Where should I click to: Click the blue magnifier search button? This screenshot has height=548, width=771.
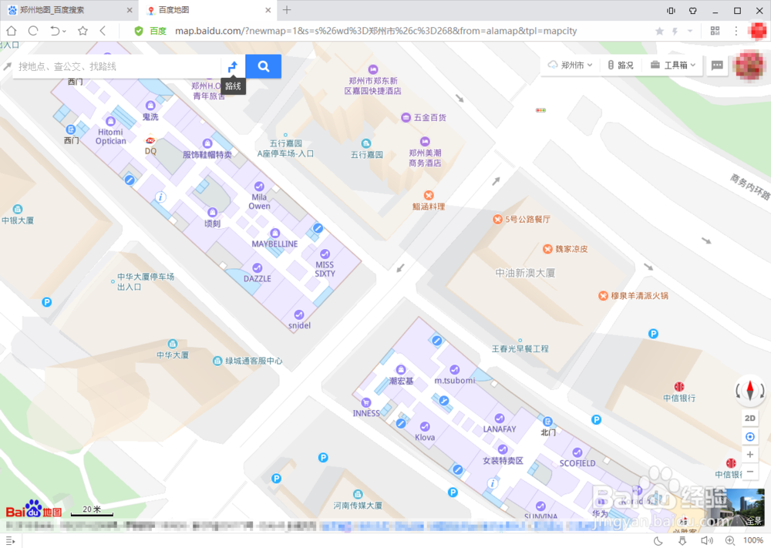(x=264, y=66)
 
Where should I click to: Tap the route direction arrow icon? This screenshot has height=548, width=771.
(x=233, y=67)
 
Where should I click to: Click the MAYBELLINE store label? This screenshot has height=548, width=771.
(x=274, y=244)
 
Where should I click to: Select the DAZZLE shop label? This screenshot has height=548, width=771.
(x=257, y=278)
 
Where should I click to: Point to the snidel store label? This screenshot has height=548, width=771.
(x=298, y=325)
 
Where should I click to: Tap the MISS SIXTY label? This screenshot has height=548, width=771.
(x=325, y=268)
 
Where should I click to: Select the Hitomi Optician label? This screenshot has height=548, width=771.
(x=110, y=136)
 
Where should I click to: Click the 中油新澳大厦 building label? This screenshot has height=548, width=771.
(x=525, y=273)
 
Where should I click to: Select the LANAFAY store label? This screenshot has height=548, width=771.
(x=499, y=429)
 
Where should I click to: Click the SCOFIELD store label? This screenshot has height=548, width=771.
(x=577, y=463)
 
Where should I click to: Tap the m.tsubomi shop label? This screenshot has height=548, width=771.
(x=454, y=381)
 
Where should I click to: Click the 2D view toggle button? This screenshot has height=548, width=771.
(x=749, y=418)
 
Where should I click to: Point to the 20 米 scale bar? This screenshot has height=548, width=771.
(x=92, y=511)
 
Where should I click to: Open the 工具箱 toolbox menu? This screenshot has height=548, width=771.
(x=673, y=66)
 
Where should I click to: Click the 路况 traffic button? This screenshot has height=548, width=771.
(x=621, y=66)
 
